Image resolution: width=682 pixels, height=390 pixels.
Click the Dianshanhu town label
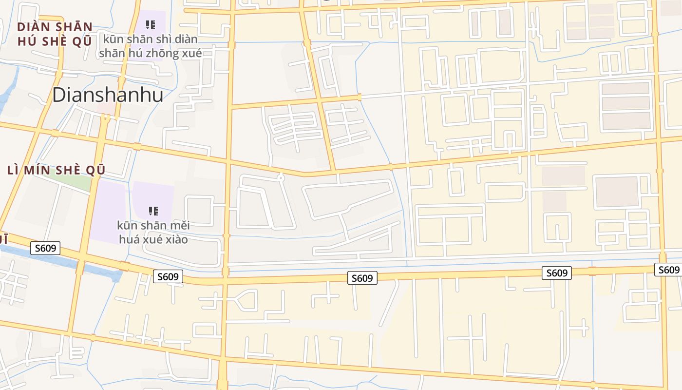[x=107, y=95]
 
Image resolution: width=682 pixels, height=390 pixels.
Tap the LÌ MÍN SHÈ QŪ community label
[x=57, y=170]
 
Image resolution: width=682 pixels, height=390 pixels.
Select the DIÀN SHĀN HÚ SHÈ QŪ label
[x=55, y=34]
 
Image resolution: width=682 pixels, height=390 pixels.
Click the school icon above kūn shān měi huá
[x=153, y=211]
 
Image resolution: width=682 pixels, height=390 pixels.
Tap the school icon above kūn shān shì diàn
[x=151, y=24]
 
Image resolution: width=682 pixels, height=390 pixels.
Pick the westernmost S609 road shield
[x=46, y=248]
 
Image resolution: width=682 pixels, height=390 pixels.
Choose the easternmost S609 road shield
[x=668, y=270]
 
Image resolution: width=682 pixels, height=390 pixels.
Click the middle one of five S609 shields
[x=362, y=278]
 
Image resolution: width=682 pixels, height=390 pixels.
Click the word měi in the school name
[x=179, y=226]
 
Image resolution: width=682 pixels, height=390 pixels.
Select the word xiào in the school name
[x=176, y=239]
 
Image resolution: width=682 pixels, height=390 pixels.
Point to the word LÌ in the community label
[x=14, y=170]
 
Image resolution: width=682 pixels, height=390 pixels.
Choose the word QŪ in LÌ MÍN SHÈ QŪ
[x=95, y=170]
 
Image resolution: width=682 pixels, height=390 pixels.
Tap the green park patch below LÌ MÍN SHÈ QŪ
[x=73, y=181]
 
